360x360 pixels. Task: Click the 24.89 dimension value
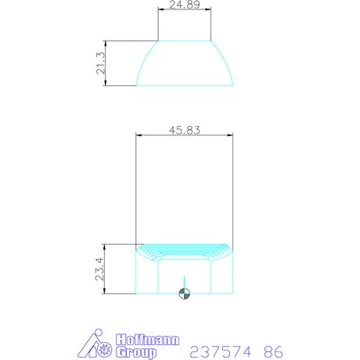coord(184,5)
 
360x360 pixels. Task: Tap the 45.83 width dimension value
coord(185,131)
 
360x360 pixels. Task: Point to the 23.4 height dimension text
coord(100,270)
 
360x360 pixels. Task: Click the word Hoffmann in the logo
coord(148,340)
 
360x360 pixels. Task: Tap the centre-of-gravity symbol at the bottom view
coord(185,294)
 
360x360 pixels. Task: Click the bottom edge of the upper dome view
coord(185,85)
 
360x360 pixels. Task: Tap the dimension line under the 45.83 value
coord(185,137)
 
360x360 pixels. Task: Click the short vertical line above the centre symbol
coord(185,283)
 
